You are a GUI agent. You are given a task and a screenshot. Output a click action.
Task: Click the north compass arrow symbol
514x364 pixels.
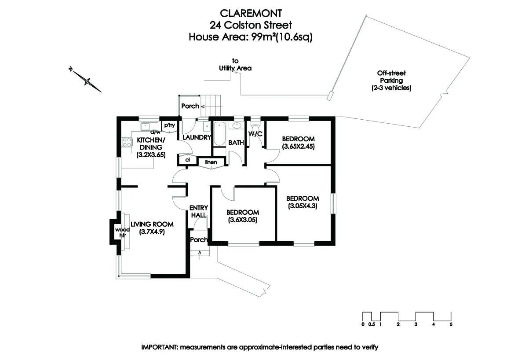[x=87, y=80]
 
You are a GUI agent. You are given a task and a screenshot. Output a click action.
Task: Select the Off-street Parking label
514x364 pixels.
[x=391, y=81]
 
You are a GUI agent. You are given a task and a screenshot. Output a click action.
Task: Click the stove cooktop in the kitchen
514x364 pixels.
[x=127, y=142]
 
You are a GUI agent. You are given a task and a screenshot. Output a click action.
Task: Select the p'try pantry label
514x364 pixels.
[x=170, y=125]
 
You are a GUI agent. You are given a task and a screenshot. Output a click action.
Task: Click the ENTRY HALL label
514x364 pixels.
[x=198, y=211]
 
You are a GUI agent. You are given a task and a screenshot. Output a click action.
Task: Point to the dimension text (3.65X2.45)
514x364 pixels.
[x=298, y=146]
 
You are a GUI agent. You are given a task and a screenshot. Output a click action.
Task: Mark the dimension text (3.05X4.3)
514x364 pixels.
[x=303, y=206]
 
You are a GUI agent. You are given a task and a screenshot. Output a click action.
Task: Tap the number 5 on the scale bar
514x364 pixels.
[x=451, y=325]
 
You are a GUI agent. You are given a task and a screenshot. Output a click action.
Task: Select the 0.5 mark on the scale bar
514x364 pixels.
[x=372, y=325]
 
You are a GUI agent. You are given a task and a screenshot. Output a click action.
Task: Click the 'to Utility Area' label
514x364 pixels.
[x=235, y=65]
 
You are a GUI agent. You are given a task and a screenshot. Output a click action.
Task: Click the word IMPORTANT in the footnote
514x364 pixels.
[x=159, y=347]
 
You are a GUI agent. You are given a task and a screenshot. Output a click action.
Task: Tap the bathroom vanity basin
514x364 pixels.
[x=237, y=125]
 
